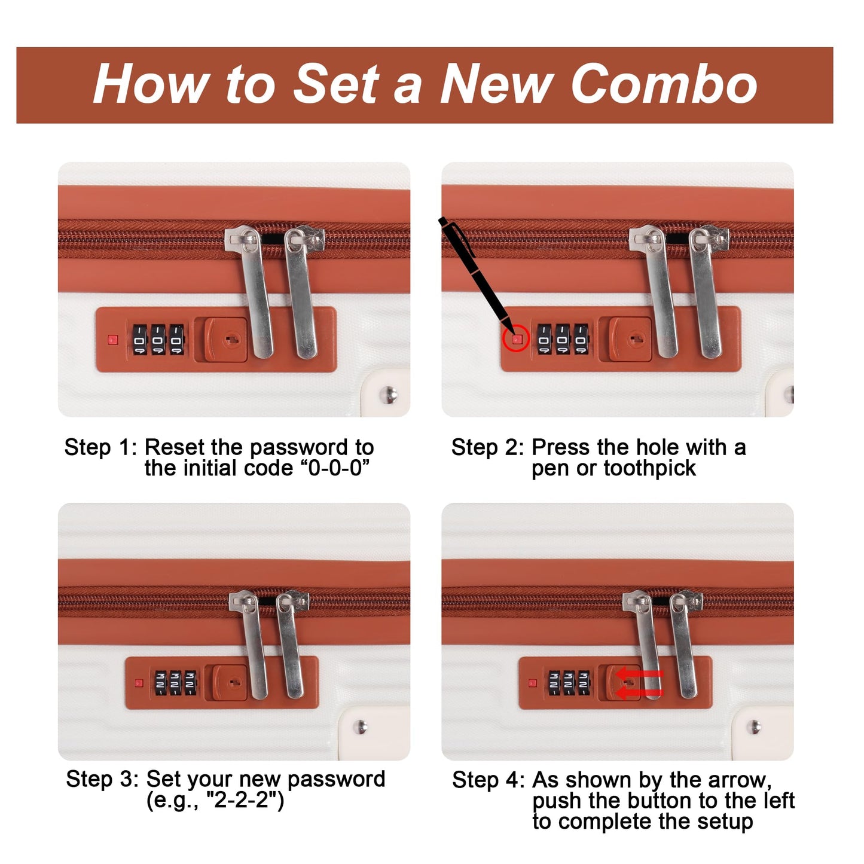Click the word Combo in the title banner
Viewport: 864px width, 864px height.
tap(664, 84)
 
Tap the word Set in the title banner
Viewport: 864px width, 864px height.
tap(336, 84)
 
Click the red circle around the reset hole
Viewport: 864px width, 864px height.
tap(516, 338)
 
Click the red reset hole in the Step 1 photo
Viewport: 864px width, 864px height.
tap(113, 340)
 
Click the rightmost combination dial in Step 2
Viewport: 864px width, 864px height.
tap(581, 339)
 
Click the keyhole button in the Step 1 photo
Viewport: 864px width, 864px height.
tap(226, 340)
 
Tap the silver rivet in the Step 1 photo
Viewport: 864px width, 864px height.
tap(388, 395)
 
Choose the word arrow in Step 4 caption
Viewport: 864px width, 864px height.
tap(740, 781)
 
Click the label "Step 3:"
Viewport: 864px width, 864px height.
tap(102, 780)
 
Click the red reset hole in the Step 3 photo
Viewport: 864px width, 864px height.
tap(139, 683)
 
